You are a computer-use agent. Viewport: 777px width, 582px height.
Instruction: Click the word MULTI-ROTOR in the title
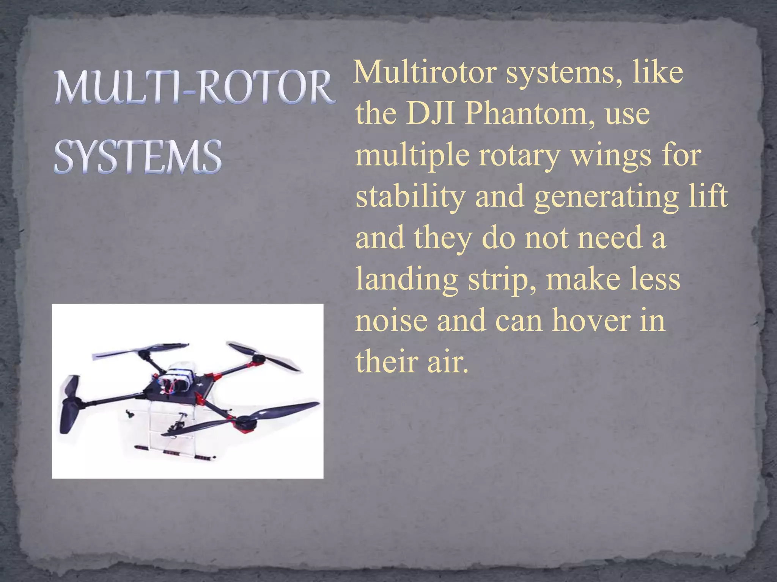click(195, 88)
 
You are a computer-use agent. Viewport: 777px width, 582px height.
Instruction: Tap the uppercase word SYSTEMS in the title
click(138, 156)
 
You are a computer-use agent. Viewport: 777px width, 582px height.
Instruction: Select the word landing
click(406, 280)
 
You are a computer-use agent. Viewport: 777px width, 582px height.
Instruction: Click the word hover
click(593, 321)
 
